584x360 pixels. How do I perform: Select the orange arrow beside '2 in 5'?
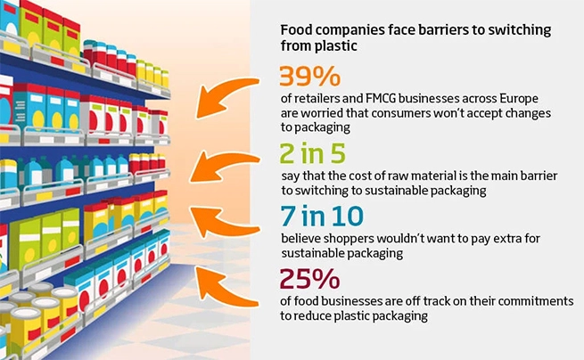[226, 167]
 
